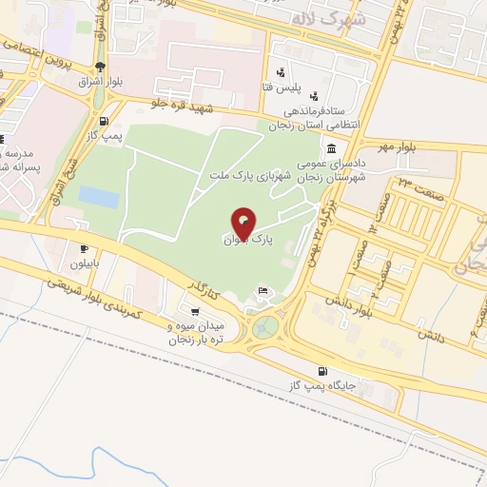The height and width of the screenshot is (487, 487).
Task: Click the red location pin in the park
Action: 244,223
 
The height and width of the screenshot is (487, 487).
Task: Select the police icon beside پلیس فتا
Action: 280,72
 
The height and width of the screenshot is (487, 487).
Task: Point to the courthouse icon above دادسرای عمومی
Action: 331,149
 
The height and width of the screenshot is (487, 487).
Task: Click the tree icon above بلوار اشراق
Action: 101,66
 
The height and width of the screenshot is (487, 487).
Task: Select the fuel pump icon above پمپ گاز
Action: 103,121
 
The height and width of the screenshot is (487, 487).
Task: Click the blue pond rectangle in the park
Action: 98,197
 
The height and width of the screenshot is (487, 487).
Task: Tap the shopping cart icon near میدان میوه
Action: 195,311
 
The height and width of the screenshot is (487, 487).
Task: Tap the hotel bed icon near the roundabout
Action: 263,290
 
